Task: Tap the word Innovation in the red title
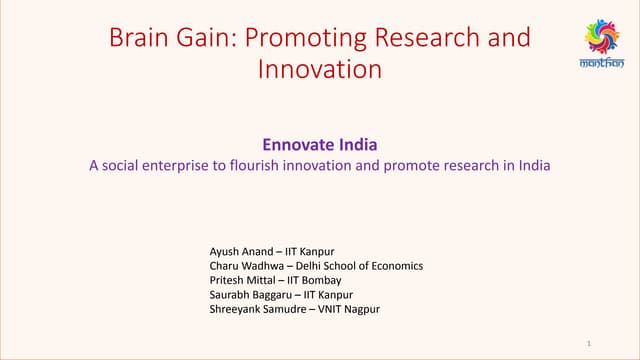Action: click(x=320, y=70)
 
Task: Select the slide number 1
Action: click(x=591, y=343)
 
